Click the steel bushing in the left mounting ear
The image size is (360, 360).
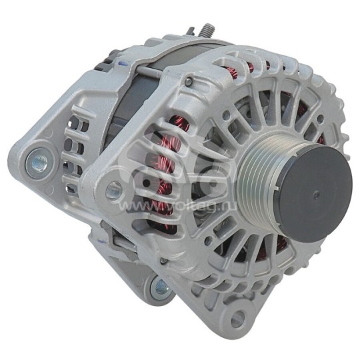37,159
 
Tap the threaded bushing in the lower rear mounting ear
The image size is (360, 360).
159,288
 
